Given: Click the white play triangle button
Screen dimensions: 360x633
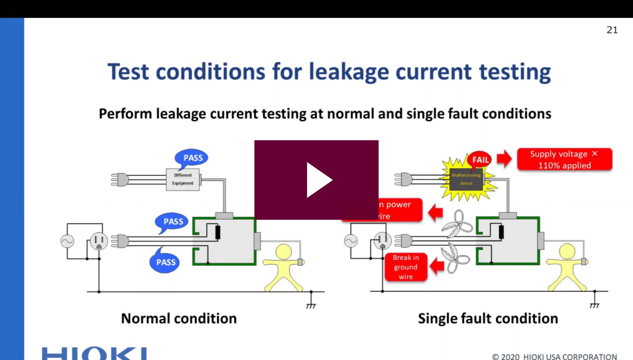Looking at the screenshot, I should (x=318, y=180).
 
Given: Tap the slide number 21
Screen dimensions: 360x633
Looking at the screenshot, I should (x=612, y=30).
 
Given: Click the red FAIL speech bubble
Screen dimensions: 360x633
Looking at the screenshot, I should (x=480, y=160).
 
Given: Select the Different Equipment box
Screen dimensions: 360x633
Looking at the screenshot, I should (x=182, y=179).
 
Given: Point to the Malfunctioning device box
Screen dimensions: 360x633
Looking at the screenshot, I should (x=466, y=179).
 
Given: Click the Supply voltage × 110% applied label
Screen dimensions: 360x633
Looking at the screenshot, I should (x=564, y=160).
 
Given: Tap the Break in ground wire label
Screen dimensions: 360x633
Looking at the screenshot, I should (x=406, y=267).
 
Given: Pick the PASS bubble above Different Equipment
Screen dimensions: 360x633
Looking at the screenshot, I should (x=193, y=158).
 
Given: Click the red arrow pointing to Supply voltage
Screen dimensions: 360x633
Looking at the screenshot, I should (x=504, y=160).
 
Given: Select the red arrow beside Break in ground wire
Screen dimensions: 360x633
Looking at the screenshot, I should (x=437, y=267).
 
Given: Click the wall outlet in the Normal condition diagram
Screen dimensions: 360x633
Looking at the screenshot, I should (x=98, y=242).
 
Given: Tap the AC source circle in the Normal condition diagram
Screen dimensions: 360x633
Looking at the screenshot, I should (x=67, y=242).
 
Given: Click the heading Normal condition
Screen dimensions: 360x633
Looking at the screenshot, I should (x=179, y=318).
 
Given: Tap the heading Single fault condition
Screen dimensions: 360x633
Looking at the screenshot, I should (x=487, y=318).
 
